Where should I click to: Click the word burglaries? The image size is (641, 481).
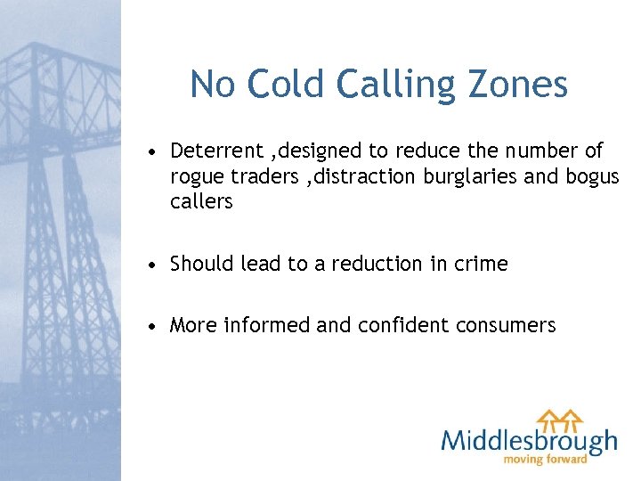(x=469, y=176)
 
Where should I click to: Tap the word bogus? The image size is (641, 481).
(x=591, y=176)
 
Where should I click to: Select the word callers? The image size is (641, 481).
(x=201, y=202)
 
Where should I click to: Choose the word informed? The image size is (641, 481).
(x=267, y=325)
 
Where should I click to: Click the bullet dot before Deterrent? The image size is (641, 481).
(x=155, y=151)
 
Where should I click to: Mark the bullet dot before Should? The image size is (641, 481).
(x=155, y=265)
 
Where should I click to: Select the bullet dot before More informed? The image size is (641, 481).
(x=155, y=326)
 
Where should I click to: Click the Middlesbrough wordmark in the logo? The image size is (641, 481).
(x=529, y=441)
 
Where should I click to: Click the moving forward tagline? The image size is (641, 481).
(x=546, y=460)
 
